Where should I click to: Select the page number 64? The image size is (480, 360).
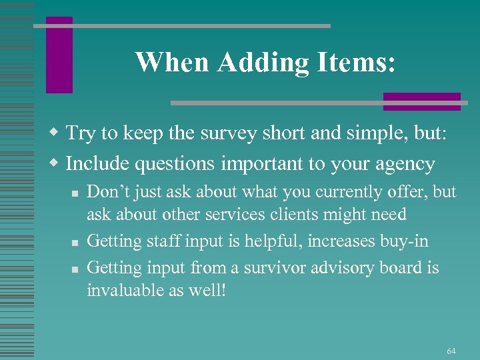click(x=451, y=351)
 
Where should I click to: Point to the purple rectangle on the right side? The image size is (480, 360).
click(x=421, y=101)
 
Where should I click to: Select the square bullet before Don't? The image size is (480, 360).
click(x=75, y=193)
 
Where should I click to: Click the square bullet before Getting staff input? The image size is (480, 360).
click(x=75, y=241)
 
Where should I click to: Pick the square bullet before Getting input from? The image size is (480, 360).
click(x=75, y=269)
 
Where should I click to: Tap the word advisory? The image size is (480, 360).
click(x=347, y=268)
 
